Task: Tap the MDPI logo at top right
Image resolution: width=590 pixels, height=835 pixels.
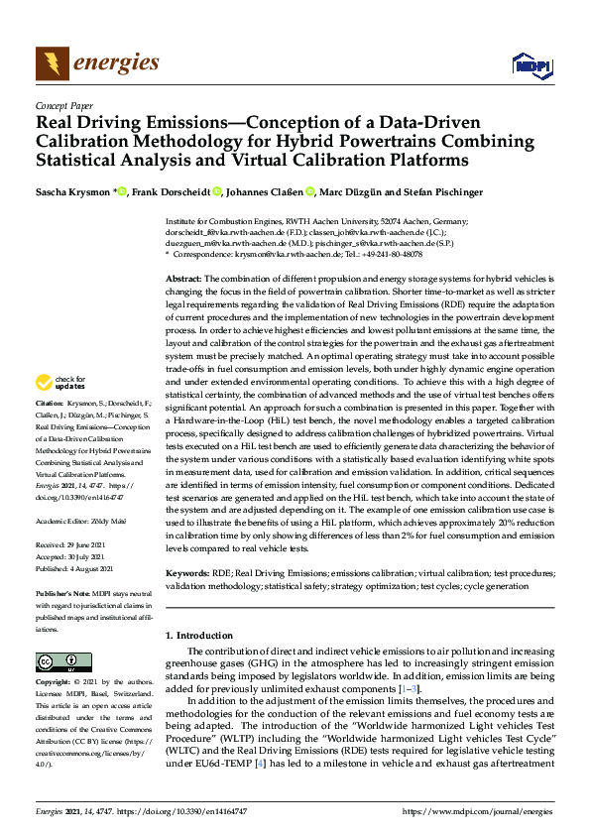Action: [531, 65]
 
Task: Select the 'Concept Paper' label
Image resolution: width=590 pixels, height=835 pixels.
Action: [63, 104]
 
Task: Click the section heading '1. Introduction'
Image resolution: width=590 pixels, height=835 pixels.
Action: [205, 634]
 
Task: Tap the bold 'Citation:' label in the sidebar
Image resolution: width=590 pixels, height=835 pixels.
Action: [50, 431]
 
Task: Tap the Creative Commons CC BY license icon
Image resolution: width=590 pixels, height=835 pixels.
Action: [63, 661]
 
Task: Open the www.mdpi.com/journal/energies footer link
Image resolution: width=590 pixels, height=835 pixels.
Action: [479, 811]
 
